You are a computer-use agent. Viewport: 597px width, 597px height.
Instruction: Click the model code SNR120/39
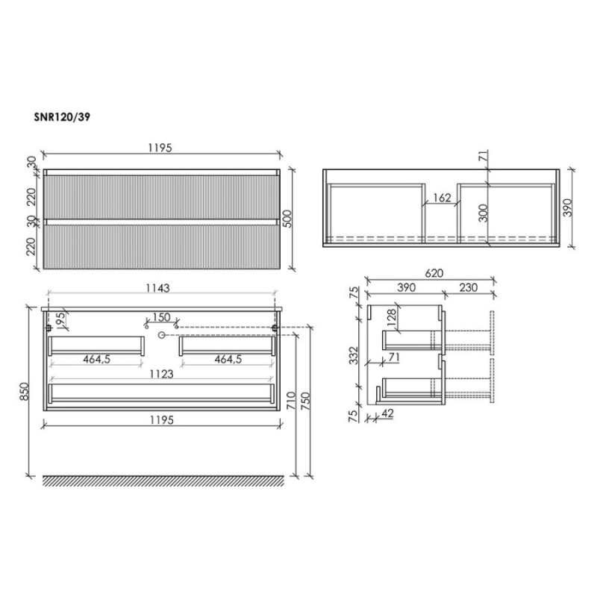tap(62, 117)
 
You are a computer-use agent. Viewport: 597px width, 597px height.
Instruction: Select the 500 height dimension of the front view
tap(288, 219)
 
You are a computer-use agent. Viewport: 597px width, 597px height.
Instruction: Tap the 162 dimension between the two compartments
tap(442, 198)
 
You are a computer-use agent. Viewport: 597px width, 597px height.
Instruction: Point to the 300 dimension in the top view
tap(483, 213)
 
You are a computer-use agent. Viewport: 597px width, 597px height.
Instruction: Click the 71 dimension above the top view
tap(483, 156)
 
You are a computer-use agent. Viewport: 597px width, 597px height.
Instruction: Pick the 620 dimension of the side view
tap(434, 273)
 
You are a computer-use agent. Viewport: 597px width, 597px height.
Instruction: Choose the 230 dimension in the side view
tap(468, 287)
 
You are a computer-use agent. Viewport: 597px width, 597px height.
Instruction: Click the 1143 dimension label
tap(157, 288)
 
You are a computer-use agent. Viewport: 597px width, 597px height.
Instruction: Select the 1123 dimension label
tap(161, 375)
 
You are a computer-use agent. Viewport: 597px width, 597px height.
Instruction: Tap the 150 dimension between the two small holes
tap(161, 317)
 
